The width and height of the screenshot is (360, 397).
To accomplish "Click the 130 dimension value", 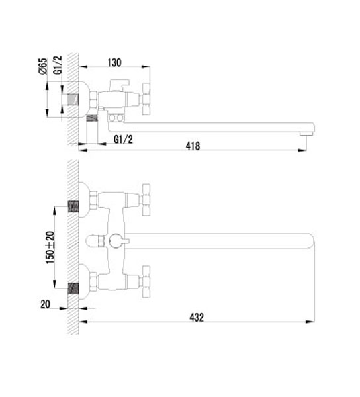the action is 114,62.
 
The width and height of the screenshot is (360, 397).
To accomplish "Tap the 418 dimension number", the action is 193,146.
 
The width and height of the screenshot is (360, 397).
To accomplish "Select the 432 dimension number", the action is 197,317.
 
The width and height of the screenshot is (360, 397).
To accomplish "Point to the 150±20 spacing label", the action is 50,247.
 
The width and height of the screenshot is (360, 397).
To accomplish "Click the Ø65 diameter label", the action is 43,66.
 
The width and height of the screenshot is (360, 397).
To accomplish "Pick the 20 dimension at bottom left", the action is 45,304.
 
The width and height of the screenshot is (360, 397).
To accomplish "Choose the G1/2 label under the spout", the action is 123,139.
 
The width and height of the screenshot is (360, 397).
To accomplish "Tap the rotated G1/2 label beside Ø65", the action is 58,65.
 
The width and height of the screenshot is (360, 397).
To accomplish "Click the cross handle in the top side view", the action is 146,99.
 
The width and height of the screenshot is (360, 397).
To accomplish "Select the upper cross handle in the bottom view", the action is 146,200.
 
